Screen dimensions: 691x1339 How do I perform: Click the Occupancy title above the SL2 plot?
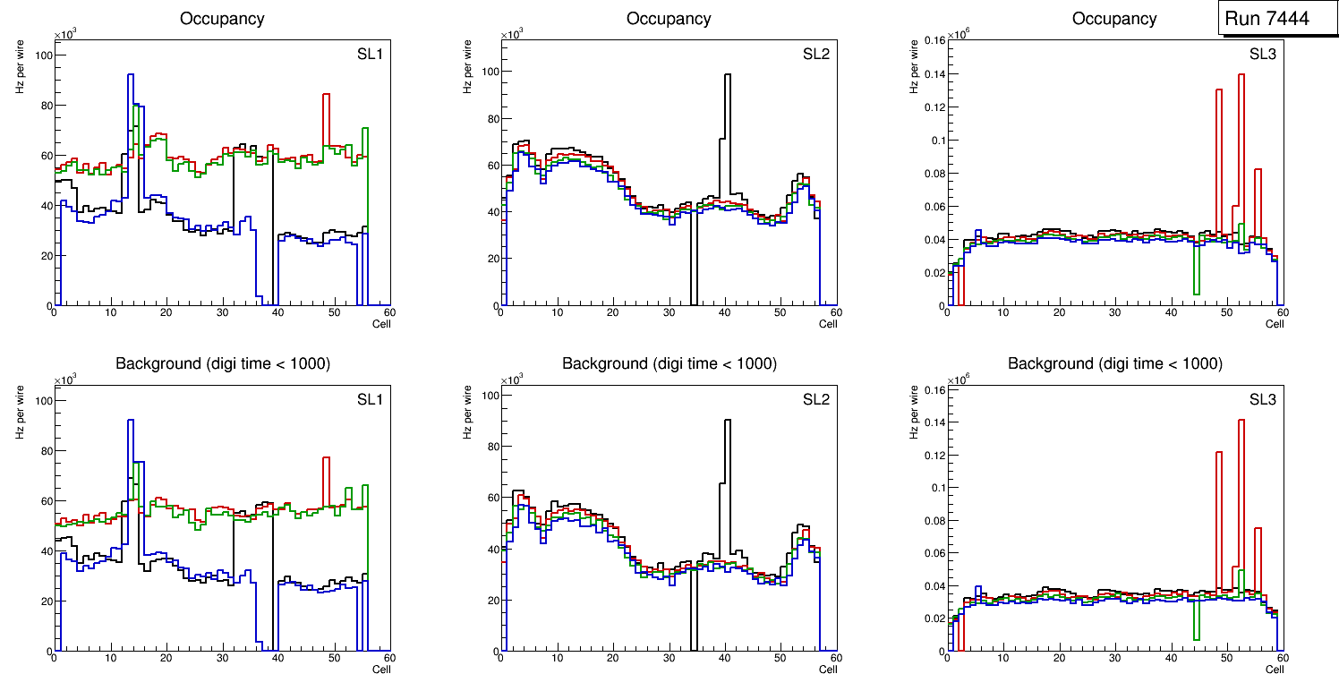click(669, 19)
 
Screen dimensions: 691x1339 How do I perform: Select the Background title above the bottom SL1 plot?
click(222, 363)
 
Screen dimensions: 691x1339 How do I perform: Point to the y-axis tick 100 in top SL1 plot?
click(41, 55)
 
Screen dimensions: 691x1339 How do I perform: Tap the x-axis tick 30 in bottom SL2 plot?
click(669, 658)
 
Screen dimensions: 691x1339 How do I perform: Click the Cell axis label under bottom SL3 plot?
click(1275, 670)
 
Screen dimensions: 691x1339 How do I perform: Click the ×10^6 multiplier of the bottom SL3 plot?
click(959, 380)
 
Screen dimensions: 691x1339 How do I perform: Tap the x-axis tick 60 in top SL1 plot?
click(389, 312)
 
